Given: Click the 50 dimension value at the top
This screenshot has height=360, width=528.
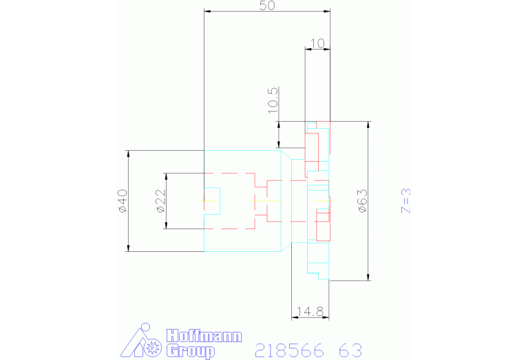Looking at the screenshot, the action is tap(267, 6).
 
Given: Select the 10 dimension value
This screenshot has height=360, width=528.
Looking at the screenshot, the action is tap(317, 43).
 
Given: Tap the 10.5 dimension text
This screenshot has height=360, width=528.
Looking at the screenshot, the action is tap(273, 99).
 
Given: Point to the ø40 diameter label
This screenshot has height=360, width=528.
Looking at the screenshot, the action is tap(122, 200).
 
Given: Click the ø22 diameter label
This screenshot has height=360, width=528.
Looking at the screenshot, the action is tap(160, 200).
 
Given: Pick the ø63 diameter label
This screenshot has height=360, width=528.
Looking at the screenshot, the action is tap(362, 200).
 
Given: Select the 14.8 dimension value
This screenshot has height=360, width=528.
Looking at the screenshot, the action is tap(310, 312).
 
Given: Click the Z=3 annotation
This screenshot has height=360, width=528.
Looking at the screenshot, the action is tap(406, 200).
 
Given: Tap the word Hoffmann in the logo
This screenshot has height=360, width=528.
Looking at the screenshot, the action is tap(204, 337).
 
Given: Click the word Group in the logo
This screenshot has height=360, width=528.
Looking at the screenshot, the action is tap(190, 351).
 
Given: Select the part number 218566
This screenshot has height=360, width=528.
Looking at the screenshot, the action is tap(289, 350).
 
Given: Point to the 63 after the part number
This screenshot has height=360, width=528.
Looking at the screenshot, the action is tap(350, 350).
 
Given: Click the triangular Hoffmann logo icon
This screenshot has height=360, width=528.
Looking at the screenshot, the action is tap(142, 341).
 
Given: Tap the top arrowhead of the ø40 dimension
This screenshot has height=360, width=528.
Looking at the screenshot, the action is tap(129, 153).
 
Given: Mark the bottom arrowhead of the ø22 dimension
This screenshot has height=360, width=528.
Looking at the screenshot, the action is tap(166, 226).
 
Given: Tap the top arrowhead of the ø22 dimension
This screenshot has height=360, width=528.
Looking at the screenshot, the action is tap(166, 175).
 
